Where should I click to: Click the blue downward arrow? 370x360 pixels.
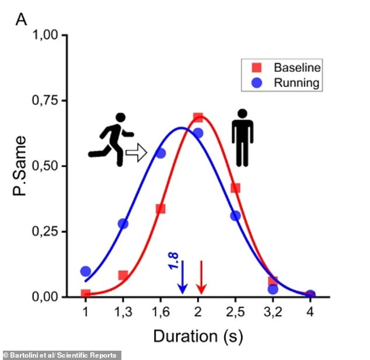pos(182,277)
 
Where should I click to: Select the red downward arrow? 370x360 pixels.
pos(201,277)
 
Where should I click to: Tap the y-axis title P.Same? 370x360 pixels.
pos(22,166)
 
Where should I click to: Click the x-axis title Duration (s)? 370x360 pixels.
pos(198,336)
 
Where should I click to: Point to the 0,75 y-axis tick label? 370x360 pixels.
pos(46,100)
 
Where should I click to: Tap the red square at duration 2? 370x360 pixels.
pos(198,118)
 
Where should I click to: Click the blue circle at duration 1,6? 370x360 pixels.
pos(160,153)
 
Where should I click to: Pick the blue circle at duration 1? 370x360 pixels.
pos(86,271)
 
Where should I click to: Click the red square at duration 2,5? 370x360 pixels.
pos(236,188)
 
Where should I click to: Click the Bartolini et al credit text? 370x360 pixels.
pos(61,355)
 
